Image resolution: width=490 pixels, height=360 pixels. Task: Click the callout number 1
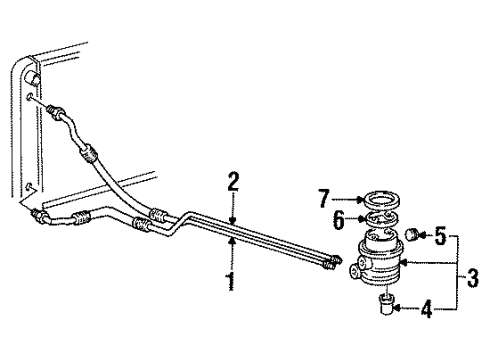pos(230,282)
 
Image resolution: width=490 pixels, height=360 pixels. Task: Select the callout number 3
pos(472,273)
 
